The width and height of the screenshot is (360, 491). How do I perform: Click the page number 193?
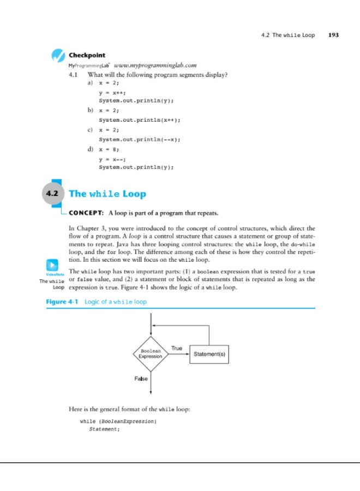tap(332, 35)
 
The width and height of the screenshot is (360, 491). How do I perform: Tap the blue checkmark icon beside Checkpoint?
tap(58, 56)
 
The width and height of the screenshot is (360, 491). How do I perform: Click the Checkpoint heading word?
tap(87, 55)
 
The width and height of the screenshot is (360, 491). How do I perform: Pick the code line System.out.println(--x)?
tap(139, 139)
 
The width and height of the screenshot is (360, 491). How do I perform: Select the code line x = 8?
tap(112, 149)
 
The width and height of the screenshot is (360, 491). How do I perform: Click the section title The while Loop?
tap(107, 194)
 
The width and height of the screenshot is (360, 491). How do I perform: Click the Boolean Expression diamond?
tap(150, 354)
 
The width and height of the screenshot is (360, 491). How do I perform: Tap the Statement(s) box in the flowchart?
tap(209, 354)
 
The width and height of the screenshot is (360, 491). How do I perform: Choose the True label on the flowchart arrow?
tap(177, 348)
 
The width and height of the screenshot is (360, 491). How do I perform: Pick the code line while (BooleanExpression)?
tap(118, 422)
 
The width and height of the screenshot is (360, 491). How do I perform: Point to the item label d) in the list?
tap(91, 149)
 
